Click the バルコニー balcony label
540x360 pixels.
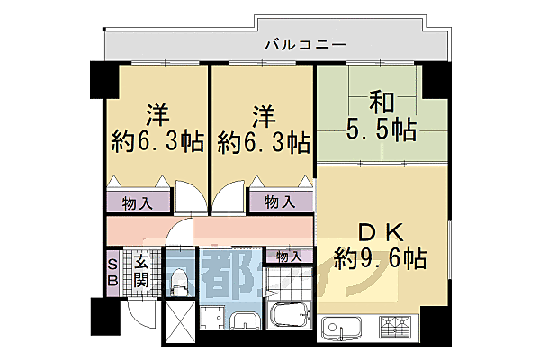tap(305, 43)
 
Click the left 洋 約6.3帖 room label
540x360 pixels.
tap(157, 128)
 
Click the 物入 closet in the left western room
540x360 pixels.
tap(137, 202)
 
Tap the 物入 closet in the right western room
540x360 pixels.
tap(279, 202)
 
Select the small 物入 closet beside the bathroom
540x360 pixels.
tap(289, 256)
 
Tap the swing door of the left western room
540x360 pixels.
tap(190, 195)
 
